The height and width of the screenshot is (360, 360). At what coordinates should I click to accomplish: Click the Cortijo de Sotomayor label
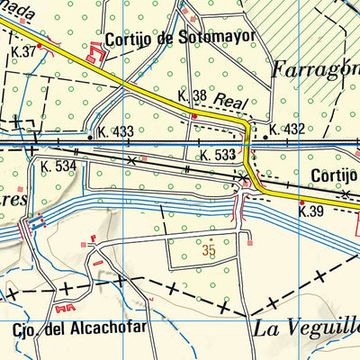[180, 38]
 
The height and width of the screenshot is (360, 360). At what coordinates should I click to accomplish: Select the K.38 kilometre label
[193, 94]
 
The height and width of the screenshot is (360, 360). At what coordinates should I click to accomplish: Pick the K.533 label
[219, 156]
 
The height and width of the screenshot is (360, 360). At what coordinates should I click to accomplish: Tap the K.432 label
[286, 130]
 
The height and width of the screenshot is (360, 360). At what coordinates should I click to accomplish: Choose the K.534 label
[58, 166]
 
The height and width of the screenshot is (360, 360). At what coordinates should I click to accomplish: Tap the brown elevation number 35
[209, 249]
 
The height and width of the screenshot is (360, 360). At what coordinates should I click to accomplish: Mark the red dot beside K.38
[193, 115]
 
